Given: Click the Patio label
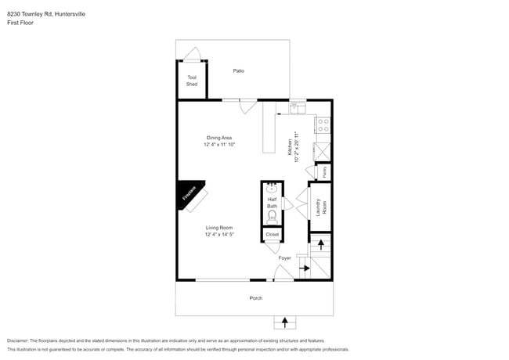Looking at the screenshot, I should coord(239,71).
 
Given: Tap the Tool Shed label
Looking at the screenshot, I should coord(192,81).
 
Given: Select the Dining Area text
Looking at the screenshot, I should coord(219,138).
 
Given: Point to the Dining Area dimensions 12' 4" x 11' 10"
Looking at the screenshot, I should coord(219,145).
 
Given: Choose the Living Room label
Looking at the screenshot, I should coord(219,228).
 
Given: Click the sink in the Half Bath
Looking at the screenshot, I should coord(272,189).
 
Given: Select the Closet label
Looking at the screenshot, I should coord(272,234).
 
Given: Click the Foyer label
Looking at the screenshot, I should coord(284,257).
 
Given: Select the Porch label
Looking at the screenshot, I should coord(255,298).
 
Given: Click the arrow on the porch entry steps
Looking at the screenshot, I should coord(285,322).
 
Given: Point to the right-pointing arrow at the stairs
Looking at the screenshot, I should coord(303,269).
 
